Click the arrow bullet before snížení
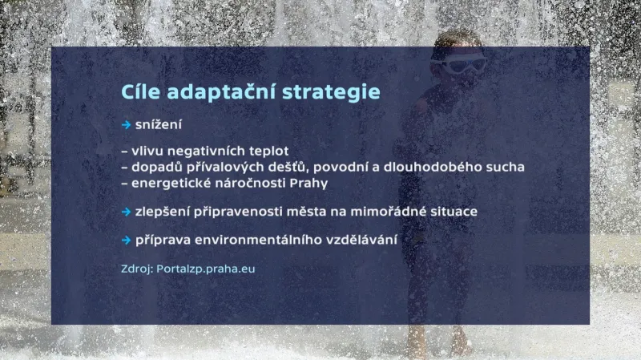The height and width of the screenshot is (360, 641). coord(126,125)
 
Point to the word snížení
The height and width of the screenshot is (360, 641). coord(159,125)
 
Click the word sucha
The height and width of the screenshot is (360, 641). coord(504,167)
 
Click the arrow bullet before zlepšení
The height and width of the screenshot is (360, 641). coord(126,212)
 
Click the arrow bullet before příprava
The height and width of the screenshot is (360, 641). coord(126,241)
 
